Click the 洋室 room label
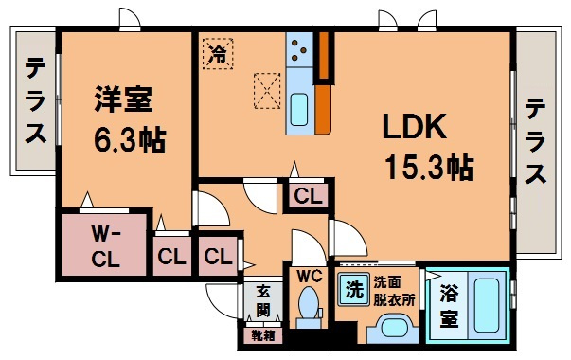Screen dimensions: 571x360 click(x=123, y=99)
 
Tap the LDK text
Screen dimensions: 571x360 click(x=415, y=126)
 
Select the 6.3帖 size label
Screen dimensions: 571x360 click(x=130, y=140)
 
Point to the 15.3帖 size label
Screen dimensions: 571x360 click(x=430, y=168)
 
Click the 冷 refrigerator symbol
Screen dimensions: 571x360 click(x=218, y=54)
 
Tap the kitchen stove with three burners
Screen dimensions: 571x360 click(x=299, y=50)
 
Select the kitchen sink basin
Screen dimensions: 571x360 click(x=299, y=109)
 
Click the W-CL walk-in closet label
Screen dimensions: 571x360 click(x=105, y=246)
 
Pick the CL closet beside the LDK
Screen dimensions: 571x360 click(x=308, y=196)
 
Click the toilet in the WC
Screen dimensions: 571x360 click(x=308, y=306)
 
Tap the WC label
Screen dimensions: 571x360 click(x=309, y=277)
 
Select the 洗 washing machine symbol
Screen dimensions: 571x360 click(x=353, y=289)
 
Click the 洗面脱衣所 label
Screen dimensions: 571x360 click(x=394, y=291)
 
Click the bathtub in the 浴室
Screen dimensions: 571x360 click(x=487, y=306)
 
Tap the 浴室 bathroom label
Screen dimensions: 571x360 click(x=449, y=305)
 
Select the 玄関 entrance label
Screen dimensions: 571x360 click(x=262, y=301)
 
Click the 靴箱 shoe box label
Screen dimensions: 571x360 click(x=263, y=335)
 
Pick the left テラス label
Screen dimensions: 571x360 click(x=35, y=100)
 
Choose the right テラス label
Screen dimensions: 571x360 click(x=535, y=141)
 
